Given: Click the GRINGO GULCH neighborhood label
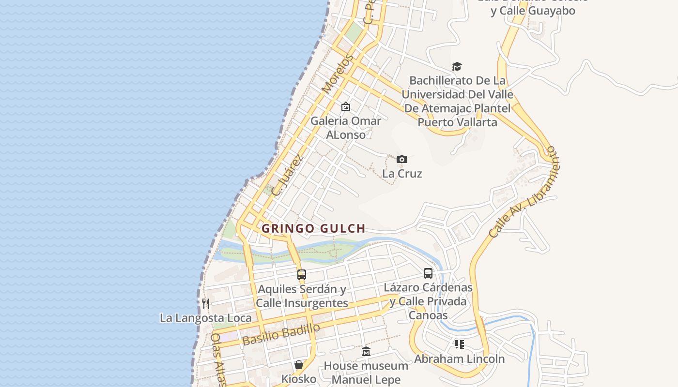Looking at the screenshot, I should tap(313, 228).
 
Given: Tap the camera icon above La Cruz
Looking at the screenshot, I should tap(401, 159).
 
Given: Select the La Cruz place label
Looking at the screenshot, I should tap(402, 173).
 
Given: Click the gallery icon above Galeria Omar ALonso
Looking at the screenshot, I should tap(346, 106).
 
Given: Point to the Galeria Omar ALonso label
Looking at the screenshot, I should tap(346, 127).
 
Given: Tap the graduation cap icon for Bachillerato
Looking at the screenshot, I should tap(457, 66).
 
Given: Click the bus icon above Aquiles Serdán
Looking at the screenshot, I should tap(302, 275).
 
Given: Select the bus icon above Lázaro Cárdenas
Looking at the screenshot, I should tap(428, 273).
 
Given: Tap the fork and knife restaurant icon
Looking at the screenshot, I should tap(206, 303).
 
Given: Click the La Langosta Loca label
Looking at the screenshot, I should tap(206, 318).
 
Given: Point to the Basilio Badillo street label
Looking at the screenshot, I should tap(281, 334).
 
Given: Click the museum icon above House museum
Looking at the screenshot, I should tap(366, 351).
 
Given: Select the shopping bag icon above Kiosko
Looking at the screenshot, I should tap(299, 364).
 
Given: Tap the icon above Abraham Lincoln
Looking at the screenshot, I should tap(459, 344).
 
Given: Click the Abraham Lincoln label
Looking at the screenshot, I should tap(459, 358).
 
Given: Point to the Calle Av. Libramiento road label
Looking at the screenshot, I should tap(524, 193).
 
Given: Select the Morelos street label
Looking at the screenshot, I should tap(336, 75).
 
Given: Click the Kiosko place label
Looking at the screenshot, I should tap(299, 379).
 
